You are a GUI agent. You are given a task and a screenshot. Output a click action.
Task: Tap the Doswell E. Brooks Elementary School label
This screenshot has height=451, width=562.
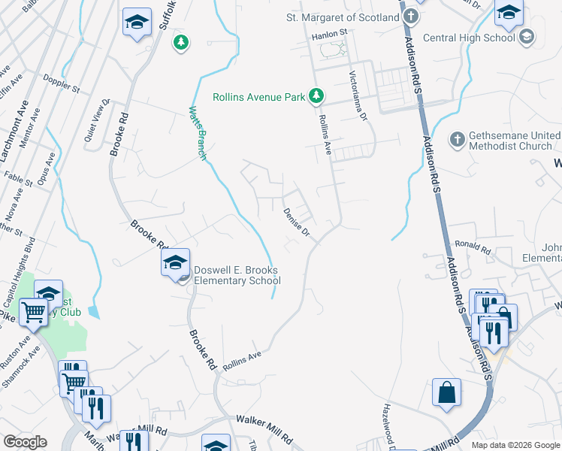(x=236, y=276)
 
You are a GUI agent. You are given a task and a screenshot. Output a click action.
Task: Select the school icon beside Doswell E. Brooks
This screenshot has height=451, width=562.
(x=174, y=263)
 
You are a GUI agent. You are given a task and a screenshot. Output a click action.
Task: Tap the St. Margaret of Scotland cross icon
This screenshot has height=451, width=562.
(x=411, y=17)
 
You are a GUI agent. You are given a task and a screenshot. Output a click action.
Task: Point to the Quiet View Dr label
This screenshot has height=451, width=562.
(x=97, y=121)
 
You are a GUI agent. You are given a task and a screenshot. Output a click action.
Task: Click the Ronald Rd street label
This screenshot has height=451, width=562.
(x=473, y=247)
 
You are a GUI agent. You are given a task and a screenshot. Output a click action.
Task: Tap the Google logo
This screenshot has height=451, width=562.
(x=25, y=442)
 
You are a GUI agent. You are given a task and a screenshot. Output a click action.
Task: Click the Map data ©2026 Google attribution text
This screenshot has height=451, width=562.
(x=515, y=445)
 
